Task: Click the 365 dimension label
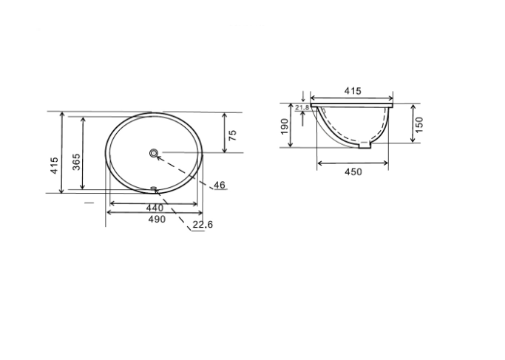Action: (x=75, y=162)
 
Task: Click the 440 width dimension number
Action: (x=155, y=208)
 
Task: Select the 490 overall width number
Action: (x=157, y=220)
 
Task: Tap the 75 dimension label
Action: (x=232, y=135)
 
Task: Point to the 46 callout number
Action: (x=220, y=185)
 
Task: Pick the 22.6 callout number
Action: (x=203, y=225)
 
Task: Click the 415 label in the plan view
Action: (x=54, y=166)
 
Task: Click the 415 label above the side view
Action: (x=353, y=91)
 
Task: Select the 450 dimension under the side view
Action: (x=353, y=172)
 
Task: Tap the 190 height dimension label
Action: (x=285, y=126)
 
